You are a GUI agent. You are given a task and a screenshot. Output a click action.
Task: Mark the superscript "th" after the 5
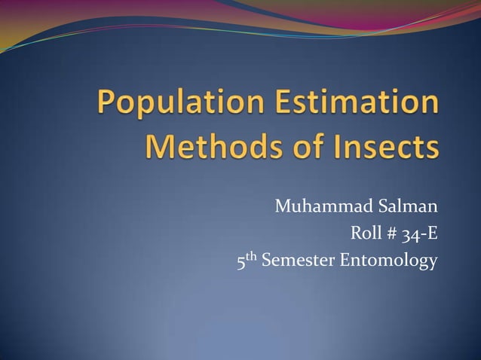point(252,258)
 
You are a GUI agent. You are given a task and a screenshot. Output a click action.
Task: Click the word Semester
point(299,262)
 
